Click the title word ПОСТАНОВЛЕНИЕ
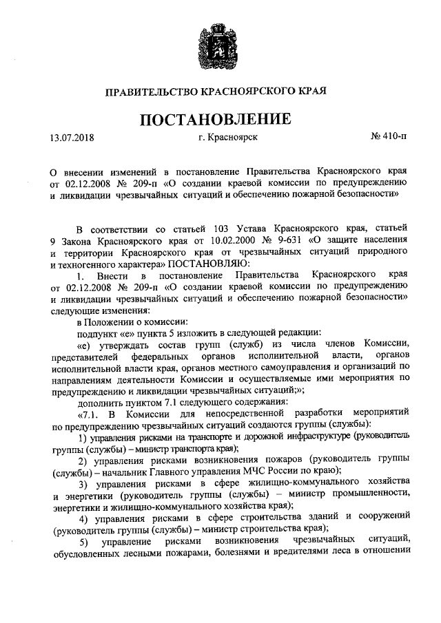pyautogui.click(x=220, y=119)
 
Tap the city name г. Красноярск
pyautogui.click(x=227, y=138)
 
